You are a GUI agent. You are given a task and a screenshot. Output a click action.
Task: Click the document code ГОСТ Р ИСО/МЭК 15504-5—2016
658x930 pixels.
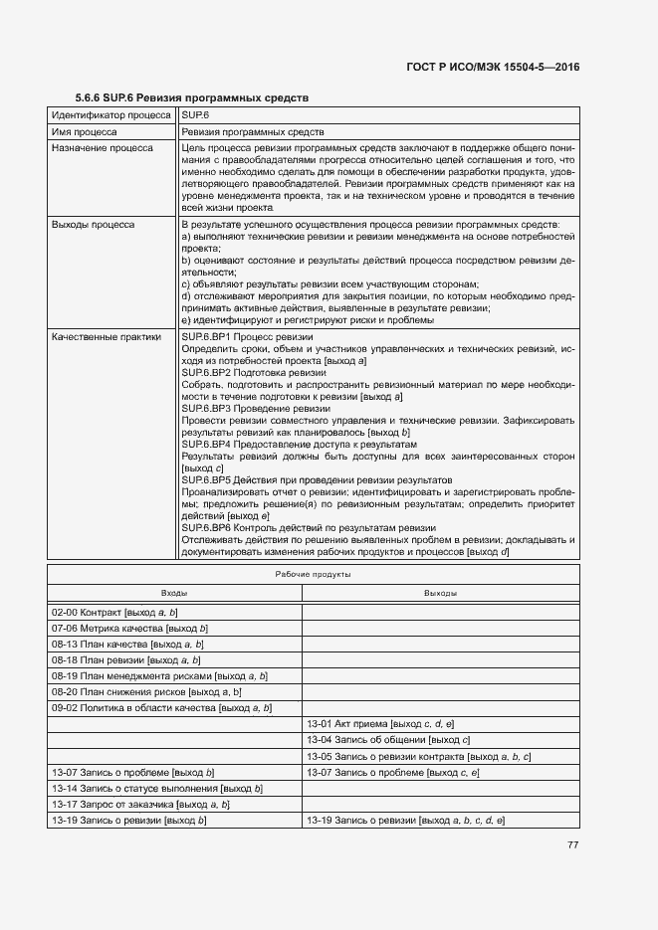point(493,67)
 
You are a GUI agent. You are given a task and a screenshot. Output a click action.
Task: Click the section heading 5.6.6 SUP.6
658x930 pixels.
point(192,97)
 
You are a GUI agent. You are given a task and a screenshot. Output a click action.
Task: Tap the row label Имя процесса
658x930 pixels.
point(86,131)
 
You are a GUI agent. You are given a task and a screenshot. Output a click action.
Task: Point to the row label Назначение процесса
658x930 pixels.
point(102,148)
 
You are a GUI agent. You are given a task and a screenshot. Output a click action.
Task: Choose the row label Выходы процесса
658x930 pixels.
point(94,225)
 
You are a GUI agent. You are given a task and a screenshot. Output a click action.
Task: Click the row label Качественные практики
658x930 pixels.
point(106,337)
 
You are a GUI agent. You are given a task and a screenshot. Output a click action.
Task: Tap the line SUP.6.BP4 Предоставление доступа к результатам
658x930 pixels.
point(299,445)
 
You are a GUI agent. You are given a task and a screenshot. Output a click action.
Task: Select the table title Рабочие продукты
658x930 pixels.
point(312,575)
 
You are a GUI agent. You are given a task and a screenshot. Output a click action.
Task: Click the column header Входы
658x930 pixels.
point(174,593)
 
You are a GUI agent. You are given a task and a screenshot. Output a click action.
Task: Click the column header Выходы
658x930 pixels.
point(440,593)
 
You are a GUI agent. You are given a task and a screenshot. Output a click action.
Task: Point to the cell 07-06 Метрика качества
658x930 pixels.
point(129,629)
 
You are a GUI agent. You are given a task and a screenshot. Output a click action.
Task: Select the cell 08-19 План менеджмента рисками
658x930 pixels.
point(159,675)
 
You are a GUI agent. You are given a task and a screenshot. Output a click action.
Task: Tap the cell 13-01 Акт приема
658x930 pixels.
point(380,723)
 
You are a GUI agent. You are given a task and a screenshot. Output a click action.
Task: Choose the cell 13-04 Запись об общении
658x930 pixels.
point(388,740)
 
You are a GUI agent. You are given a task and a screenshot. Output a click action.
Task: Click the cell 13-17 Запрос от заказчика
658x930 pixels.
point(140,804)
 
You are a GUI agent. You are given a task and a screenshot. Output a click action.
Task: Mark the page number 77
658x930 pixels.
point(572,844)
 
